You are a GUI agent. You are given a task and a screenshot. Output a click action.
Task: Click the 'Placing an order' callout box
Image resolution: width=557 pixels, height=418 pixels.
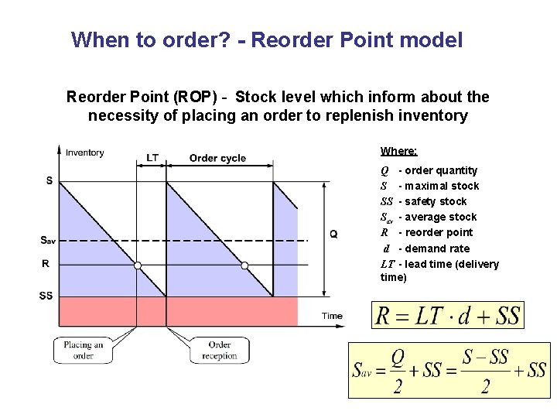(x=84, y=351)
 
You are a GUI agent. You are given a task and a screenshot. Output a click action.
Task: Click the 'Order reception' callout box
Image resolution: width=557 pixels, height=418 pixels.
(x=219, y=351)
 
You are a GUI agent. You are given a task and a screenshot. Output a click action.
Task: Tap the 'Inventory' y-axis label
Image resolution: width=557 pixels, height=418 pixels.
(x=84, y=152)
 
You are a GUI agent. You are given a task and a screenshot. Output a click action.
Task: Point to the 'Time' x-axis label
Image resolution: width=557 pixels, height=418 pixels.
(x=332, y=316)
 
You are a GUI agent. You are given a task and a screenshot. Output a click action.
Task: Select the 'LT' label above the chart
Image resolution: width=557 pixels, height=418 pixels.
(x=152, y=158)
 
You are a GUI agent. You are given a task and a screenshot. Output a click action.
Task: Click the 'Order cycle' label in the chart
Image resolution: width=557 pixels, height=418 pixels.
(x=217, y=158)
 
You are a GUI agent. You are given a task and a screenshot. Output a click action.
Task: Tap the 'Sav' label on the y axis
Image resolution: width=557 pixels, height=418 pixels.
(x=47, y=240)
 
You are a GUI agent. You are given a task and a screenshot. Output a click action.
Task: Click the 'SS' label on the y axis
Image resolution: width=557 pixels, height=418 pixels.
(x=46, y=296)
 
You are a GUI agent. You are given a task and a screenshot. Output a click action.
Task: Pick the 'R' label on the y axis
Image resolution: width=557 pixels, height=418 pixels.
(x=46, y=264)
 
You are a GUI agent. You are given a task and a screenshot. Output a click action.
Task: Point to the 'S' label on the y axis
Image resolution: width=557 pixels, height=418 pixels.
(x=49, y=181)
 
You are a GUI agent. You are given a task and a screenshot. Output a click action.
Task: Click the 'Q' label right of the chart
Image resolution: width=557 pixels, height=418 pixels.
(x=333, y=234)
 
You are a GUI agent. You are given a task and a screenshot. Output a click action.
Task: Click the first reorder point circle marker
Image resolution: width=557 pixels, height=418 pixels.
(x=138, y=266)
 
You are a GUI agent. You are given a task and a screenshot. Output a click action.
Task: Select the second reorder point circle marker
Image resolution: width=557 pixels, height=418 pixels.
(x=244, y=266)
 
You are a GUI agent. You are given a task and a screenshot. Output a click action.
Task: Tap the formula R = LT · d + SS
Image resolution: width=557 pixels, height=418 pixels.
(x=448, y=317)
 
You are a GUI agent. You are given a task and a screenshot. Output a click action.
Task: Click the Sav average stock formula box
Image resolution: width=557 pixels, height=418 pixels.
(x=449, y=370)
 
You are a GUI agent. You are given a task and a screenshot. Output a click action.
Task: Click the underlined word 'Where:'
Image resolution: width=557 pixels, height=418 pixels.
(x=398, y=151)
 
